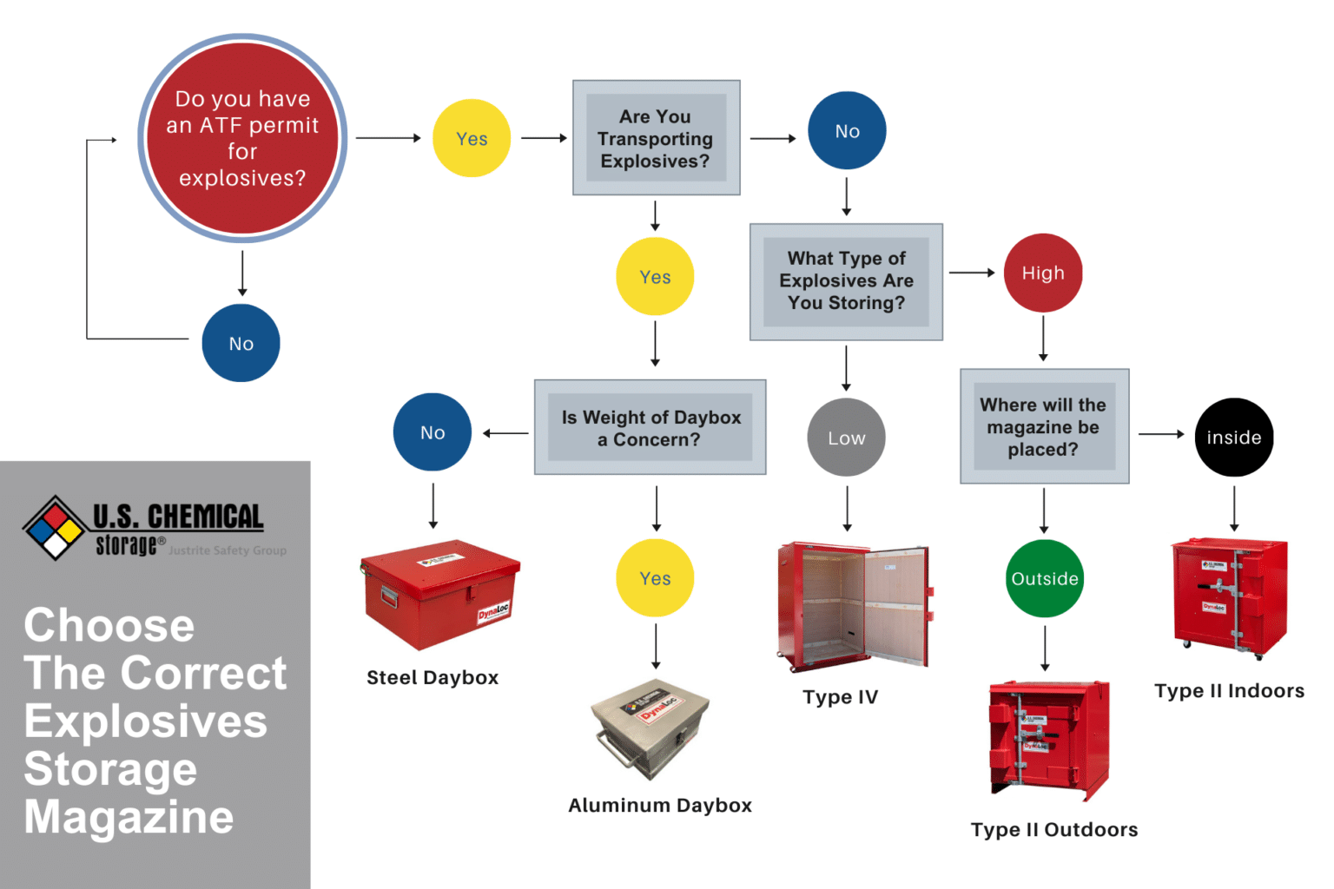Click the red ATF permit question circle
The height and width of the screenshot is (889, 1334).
242,138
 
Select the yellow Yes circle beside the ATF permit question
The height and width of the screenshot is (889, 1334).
472,138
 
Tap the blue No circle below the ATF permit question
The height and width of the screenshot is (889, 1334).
241,343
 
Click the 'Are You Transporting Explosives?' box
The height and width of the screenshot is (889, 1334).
656,138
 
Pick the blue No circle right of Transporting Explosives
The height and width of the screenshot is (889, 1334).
847,130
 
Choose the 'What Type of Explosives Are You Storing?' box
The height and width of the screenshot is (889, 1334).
846,281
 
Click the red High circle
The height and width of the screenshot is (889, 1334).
1042,273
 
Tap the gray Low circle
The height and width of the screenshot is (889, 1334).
846,438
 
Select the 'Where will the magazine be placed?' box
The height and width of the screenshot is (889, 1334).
1043,426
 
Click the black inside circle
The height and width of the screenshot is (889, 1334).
1233,438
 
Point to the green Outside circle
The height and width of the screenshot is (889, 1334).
1044,578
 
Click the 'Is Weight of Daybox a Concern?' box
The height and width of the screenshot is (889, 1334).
650,427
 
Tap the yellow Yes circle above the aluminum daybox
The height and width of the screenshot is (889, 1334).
655,578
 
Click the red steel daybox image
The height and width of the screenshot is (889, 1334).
440,595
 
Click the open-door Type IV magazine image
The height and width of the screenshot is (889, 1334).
853,607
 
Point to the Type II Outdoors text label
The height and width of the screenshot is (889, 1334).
1053,830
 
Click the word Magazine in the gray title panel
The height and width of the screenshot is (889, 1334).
129,817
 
